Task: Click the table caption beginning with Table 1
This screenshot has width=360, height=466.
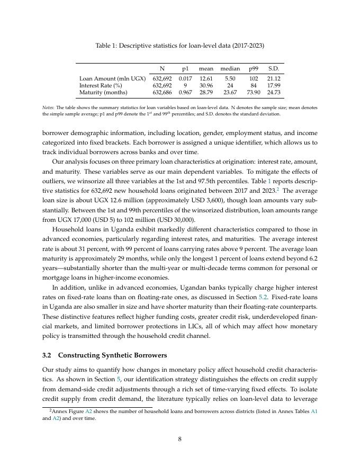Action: [x=179, y=46]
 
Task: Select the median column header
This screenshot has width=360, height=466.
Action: [x=230, y=68]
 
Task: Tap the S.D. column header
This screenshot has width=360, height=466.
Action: [x=273, y=68]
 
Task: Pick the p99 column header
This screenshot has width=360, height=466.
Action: [x=254, y=68]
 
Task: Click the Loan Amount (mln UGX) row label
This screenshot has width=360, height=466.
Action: [x=112, y=78]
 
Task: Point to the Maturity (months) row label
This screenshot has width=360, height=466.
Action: [x=103, y=92]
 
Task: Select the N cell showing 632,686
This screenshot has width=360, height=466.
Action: [x=162, y=92]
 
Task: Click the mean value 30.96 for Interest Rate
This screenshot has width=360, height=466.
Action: [x=206, y=85]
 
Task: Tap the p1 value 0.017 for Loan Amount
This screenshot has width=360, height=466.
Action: [x=185, y=78]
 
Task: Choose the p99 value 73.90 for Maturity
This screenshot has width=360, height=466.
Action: [x=254, y=92]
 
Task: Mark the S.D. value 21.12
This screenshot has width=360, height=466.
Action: [x=273, y=78]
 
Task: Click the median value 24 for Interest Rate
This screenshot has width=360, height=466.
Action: [x=230, y=85]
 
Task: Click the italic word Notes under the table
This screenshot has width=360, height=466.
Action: [x=49, y=107]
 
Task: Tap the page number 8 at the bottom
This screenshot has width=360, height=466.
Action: [x=180, y=438]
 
